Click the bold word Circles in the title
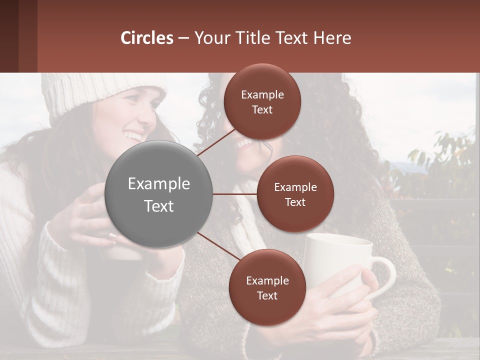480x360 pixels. [x=147, y=38]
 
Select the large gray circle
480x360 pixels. [x=158, y=194]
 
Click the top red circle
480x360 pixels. [x=262, y=102]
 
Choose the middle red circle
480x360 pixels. [x=295, y=194]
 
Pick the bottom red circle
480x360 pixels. [x=267, y=287]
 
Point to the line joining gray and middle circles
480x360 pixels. [x=235, y=194]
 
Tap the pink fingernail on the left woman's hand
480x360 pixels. [x=112, y=235]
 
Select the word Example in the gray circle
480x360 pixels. [x=158, y=183]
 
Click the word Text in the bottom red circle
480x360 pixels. [x=267, y=295]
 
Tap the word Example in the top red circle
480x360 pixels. [x=262, y=94]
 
